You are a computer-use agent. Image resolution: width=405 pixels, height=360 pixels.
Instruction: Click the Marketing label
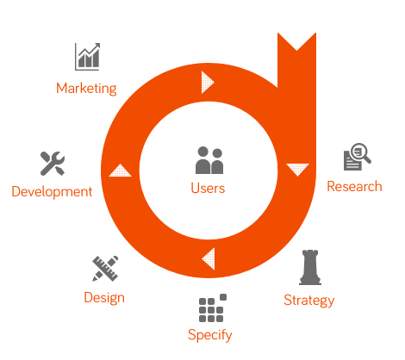[x=86, y=89]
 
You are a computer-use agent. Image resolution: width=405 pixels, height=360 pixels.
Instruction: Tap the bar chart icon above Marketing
[x=87, y=57]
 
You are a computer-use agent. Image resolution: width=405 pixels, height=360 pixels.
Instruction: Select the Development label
[x=52, y=192]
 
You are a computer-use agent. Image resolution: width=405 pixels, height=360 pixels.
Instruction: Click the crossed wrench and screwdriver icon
[x=53, y=163]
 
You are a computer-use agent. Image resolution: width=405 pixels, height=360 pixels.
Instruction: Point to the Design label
[x=104, y=298]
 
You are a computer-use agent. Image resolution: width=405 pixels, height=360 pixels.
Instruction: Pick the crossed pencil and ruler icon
[x=105, y=269]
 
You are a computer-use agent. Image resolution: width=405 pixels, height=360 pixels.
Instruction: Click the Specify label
[x=210, y=335]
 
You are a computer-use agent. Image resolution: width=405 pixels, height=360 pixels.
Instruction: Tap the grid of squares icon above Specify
[x=213, y=307]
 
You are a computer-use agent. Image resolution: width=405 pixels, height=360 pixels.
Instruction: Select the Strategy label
[x=309, y=301]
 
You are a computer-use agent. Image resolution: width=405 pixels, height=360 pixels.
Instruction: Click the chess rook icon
[x=310, y=267]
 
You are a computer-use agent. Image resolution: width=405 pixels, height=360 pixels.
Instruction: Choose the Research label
[x=354, y=187]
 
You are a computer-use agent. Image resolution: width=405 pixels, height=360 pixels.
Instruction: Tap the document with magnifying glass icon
[x=358, y=157]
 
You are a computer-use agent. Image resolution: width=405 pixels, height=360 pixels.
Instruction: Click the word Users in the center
[x=208, y=189]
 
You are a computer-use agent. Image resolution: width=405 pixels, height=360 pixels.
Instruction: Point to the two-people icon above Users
[x=209, y=160]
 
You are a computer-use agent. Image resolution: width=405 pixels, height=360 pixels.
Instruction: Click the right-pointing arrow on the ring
[x=208, y=82]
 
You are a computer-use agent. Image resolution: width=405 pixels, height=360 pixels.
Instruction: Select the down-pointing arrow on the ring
[x=297, y=170]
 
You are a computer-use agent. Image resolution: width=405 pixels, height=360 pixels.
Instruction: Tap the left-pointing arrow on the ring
[x=209, y=258]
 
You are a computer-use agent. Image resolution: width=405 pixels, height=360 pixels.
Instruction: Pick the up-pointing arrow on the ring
[x=120, y=171]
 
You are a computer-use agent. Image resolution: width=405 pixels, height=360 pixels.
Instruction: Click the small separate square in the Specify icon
[x=223, y=297]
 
